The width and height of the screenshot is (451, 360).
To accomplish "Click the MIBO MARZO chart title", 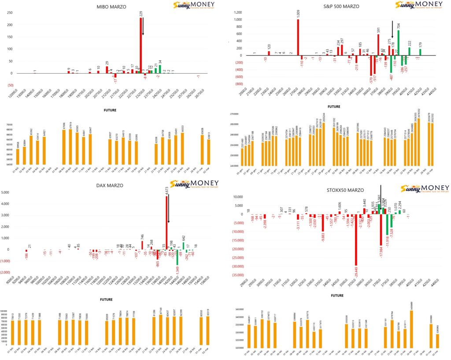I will (x=112, y=7).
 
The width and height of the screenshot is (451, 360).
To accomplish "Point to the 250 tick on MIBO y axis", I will (x=9, y=12).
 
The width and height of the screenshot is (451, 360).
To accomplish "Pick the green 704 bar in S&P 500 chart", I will (x=399, y=43).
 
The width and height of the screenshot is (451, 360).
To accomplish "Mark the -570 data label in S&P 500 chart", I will (x=371, y=79).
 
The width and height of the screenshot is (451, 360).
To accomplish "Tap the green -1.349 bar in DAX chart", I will (x=177, y=257).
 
